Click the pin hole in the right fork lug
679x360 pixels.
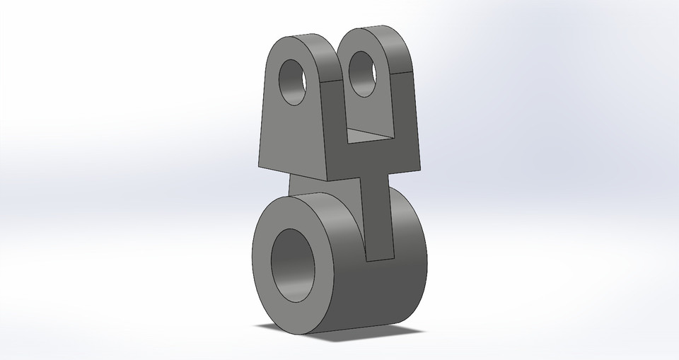[363, 74]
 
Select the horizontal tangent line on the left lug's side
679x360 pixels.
[332, 81]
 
